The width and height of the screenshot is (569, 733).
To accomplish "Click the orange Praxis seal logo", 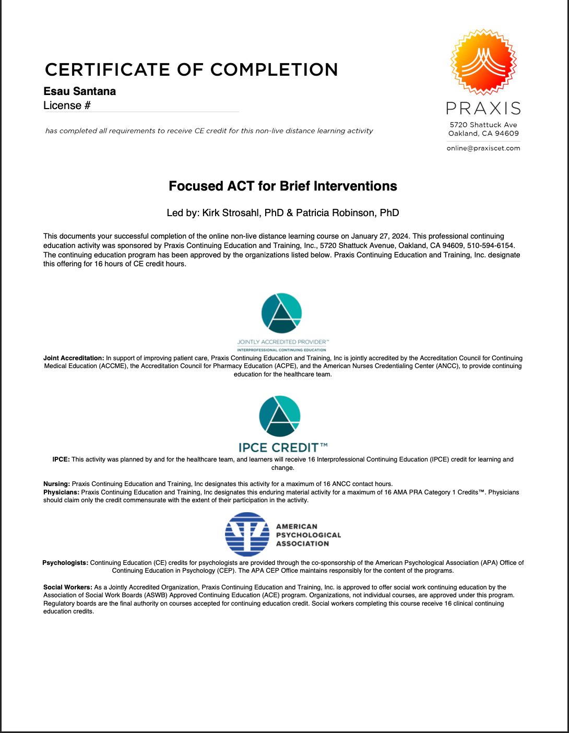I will point(483,62).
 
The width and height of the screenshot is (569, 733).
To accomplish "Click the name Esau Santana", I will point(80,91).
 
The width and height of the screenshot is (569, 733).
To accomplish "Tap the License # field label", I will point(67,105).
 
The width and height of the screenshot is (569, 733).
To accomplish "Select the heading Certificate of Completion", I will point(192,69).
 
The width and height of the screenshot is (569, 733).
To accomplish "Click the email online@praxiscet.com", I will point(483,148).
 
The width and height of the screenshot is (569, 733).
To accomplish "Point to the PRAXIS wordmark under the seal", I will point(483,109).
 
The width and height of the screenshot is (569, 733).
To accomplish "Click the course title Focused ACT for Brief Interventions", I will point(283,186).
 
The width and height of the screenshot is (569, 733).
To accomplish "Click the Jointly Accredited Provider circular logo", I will point(281,313).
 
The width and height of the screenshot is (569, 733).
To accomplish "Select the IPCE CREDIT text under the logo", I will point(283,447).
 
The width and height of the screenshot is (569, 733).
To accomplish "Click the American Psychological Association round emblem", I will point(247,534).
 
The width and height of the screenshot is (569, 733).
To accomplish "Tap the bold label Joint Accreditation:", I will point(74,358).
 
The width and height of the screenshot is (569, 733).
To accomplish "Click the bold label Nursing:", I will point(56,484).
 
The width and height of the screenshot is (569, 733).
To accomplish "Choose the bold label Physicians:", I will point(62,492).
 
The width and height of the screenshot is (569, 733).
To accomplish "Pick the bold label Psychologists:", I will point(65,563).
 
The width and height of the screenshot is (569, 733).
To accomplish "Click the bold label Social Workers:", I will point(68,587).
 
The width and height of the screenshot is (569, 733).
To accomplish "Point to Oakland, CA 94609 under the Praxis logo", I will point(483,134).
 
